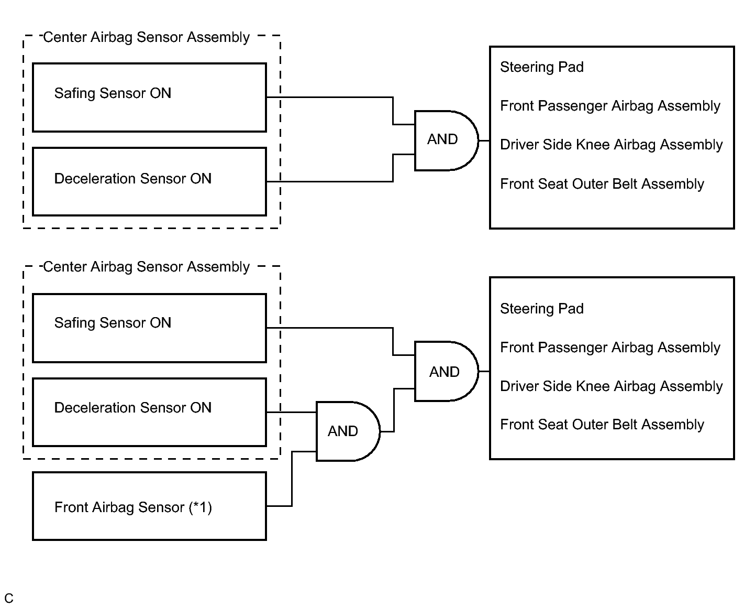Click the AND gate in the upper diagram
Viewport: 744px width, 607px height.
tap(446, 140)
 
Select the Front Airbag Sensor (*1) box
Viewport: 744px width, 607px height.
tap(150, 506)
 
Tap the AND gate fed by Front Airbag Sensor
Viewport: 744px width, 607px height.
tap(348, 431)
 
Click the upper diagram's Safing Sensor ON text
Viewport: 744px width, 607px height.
tap(113, 93)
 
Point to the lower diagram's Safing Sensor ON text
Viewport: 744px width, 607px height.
tap(113, 323)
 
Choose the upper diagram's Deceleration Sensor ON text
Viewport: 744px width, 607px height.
tap(133, 179)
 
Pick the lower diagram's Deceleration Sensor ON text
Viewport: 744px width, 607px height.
tap(133, 408)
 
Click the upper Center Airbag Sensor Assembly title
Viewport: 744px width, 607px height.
tap(146, 37)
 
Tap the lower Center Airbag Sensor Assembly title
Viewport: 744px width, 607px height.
tap(146, 267)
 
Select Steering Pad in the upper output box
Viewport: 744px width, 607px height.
tap(542, 67)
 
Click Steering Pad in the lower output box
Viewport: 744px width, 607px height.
tap(542, 309)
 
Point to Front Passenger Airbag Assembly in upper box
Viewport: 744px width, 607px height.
tap(610, 106)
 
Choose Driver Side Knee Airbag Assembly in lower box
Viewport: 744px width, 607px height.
tap(611, 386)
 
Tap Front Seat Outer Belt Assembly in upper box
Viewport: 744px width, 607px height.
tap(602, 184)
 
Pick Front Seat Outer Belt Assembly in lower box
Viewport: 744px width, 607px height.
tap(602, 425)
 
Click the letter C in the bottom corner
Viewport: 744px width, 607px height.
tap(9, 598)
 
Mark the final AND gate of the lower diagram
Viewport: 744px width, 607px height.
tap(446, 371)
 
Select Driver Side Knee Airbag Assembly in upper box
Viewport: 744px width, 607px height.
tap(611, 145)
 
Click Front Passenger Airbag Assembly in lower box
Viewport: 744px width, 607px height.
tap(610, 348)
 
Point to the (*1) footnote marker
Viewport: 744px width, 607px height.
tap(201, 508)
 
